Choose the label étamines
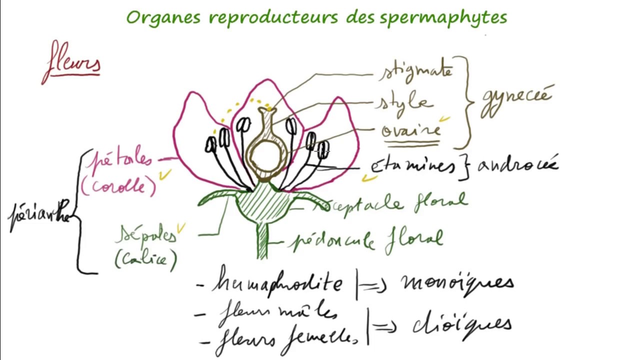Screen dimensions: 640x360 [x=412, y=167]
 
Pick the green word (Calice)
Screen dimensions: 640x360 [x=145, y=258]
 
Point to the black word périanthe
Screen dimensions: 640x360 [x=40, y=217]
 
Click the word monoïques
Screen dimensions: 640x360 [x=456, y=282]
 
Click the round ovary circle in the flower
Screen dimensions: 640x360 [x=266, y=156]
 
